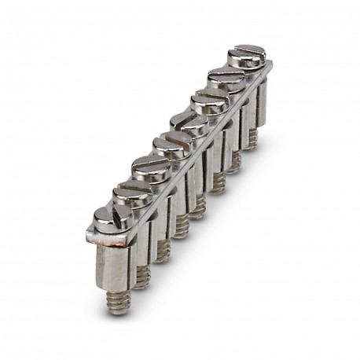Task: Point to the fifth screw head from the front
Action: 189,123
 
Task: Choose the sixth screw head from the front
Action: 209,101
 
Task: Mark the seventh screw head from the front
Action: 228,79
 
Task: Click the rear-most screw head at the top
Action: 247,56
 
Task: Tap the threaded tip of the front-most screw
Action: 119,302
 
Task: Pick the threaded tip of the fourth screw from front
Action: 181,228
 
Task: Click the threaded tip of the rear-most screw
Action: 251,142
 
